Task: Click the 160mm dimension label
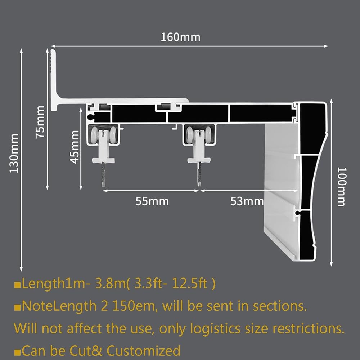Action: tap(180, 37)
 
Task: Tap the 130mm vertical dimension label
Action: tap(14, 153)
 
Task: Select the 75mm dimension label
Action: tap(40, 122)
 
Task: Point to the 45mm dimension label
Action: tap(75, 147)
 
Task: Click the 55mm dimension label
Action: tap(152, 201)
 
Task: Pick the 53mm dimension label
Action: tap(247, 201)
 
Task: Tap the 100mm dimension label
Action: tap(341, 187)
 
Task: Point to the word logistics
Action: tap(215, 329)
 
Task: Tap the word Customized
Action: tap(144, 351)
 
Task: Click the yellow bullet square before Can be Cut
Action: tap(17, 352)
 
